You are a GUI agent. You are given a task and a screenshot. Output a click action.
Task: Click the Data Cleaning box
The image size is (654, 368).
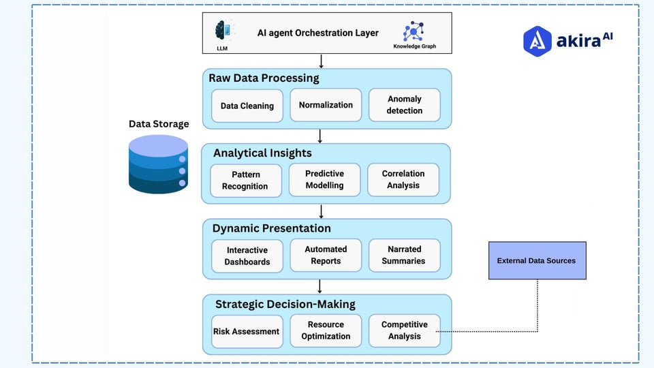[x=247, y=106]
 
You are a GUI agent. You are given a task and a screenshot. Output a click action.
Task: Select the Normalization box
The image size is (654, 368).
[x=326, y=105]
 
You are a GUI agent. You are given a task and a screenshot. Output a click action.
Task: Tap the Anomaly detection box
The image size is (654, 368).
[x=404, y=105]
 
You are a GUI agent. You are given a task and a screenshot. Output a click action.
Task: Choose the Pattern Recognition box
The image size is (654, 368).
[x=245, y=180]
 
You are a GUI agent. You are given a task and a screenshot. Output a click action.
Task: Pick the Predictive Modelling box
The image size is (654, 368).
[x=324, y=179]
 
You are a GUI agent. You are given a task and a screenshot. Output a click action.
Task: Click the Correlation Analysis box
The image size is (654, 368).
[x=403, y=179]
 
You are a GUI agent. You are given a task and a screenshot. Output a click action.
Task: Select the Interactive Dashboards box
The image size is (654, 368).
[x=247, y=256]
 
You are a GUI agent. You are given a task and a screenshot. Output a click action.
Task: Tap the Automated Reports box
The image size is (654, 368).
[x=326, y=255]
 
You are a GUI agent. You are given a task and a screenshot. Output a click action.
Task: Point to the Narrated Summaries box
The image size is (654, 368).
[x=404, y=255]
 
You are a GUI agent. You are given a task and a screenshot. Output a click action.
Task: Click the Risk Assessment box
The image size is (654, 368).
[x=247, y=331]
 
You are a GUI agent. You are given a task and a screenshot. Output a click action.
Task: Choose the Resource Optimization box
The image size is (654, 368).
[x=326, y=331]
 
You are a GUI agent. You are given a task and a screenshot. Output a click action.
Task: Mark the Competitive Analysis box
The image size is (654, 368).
[x=404, y=331]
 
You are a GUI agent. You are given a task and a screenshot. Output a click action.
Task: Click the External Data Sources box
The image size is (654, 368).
[x=537, y=260]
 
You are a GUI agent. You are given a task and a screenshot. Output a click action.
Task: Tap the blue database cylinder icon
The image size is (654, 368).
[x=158, y=164]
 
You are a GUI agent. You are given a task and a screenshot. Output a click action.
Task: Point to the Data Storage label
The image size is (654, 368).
[x=159, y=124]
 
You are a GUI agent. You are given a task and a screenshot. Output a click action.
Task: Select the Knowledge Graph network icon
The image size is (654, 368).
[x=413, y=31]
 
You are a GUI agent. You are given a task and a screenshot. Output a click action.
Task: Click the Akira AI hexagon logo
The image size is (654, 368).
[x=537, y=41]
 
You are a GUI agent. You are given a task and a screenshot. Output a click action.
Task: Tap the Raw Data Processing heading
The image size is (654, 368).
[x=264, y=78]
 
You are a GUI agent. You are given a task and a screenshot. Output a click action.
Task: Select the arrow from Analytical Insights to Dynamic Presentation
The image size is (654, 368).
[x=321, y=211]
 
